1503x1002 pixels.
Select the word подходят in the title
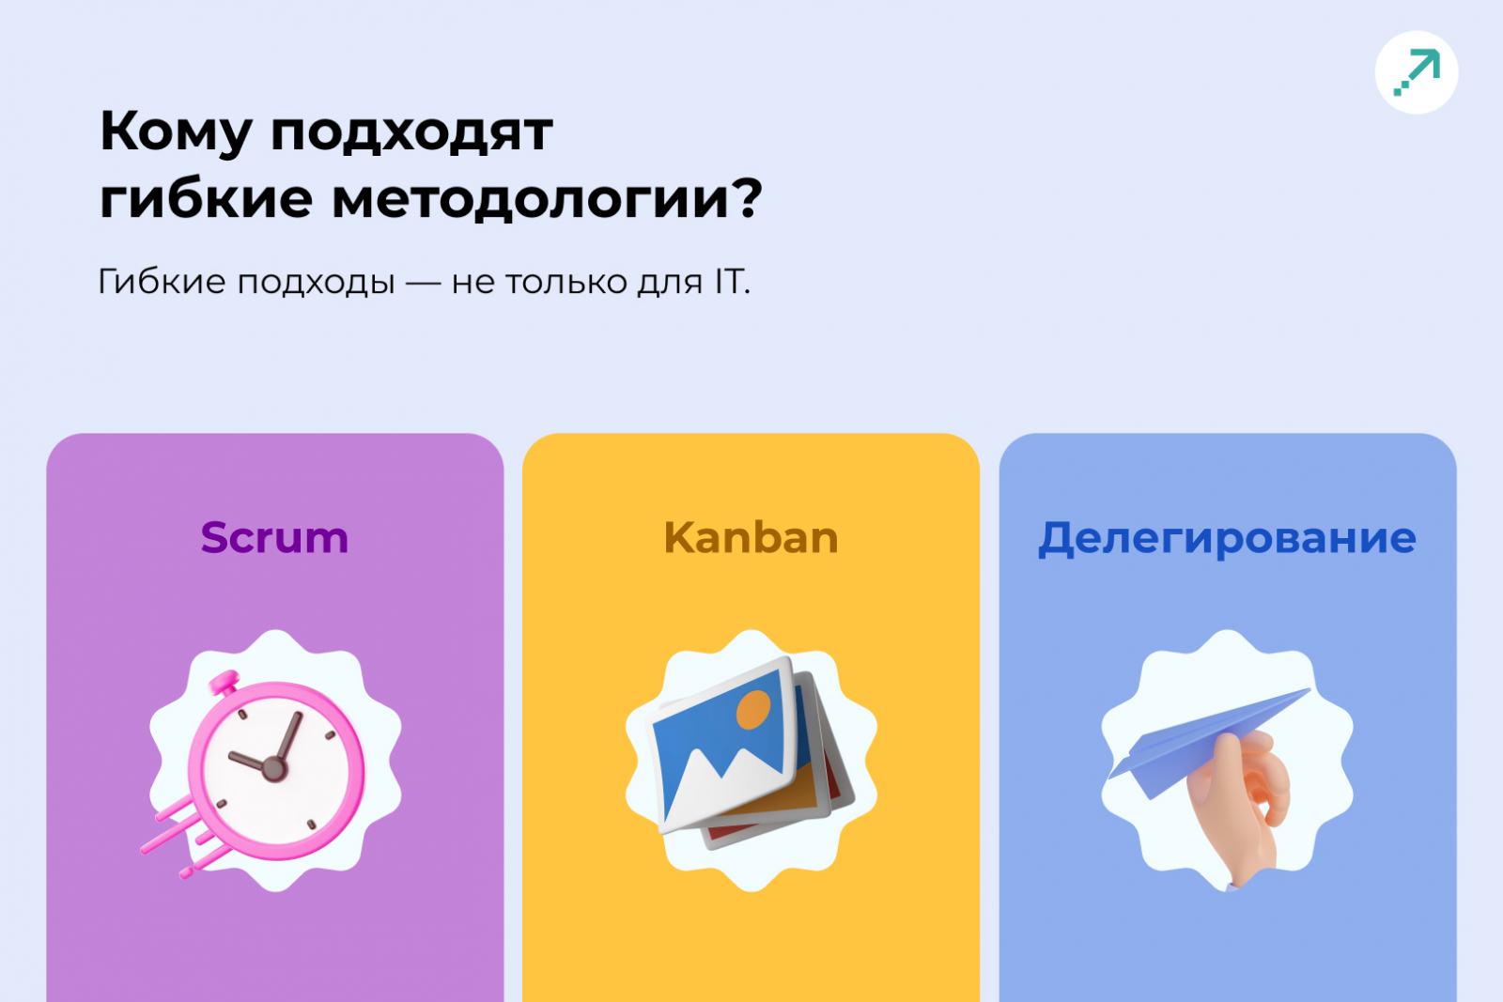point(412,132)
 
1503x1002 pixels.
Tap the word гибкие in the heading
point(206,199)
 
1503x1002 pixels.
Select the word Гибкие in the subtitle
point(163,282)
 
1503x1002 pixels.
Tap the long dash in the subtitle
point(424,283)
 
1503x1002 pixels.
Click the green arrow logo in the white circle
point(1417,72)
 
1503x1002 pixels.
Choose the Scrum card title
point(274,538)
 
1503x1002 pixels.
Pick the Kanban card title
point(751,538)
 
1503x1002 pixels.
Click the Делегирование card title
point(1227,538)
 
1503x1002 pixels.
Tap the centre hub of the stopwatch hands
point(273,768)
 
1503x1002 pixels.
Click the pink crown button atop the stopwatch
point(225,684)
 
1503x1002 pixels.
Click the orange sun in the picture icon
point(752,710)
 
